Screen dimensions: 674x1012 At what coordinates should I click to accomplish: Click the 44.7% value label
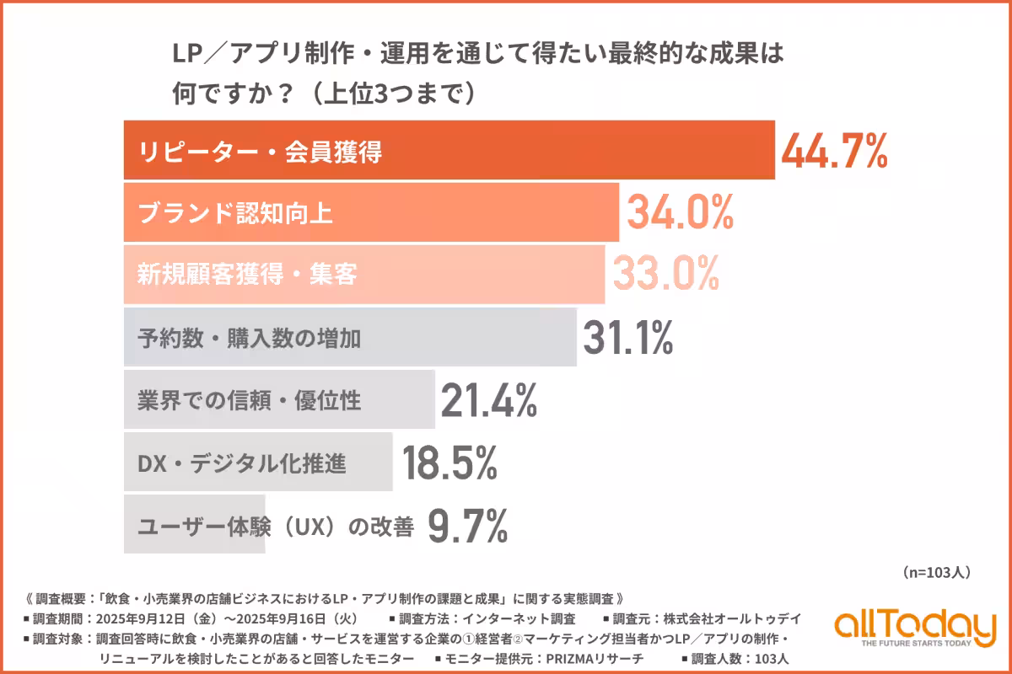(x=834, y=152)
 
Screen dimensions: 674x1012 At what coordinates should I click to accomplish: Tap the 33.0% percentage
(x=665, y=274)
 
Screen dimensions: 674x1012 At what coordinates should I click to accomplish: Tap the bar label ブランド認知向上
(x=235, y=213)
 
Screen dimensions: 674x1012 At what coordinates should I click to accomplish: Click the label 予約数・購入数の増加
(x=249, y=338)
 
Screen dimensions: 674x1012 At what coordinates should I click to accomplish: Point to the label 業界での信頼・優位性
(x=249, y=399)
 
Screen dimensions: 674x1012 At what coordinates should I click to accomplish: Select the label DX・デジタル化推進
(x=241, y=462)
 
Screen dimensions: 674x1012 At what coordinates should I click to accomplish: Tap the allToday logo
(x=914, y=629)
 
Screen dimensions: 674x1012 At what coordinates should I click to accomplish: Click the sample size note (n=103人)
(x=936, y=572)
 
